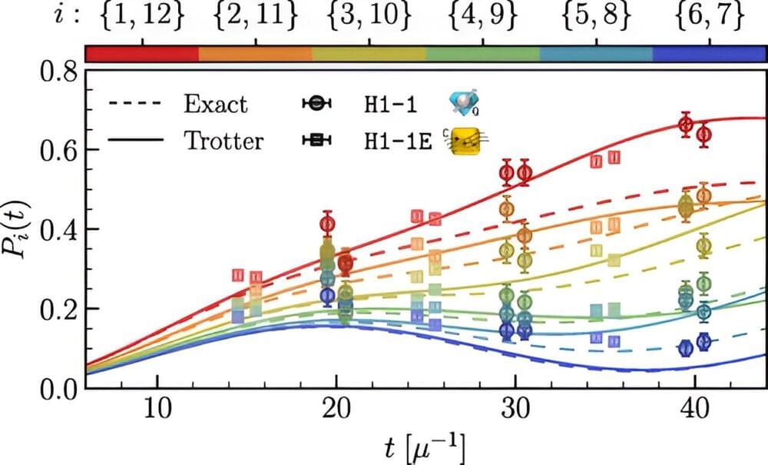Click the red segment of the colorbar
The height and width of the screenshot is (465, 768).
pyautogui.click(x=142, y=53)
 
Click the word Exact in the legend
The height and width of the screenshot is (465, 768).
pyautogui.click(x=216, y=104)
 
